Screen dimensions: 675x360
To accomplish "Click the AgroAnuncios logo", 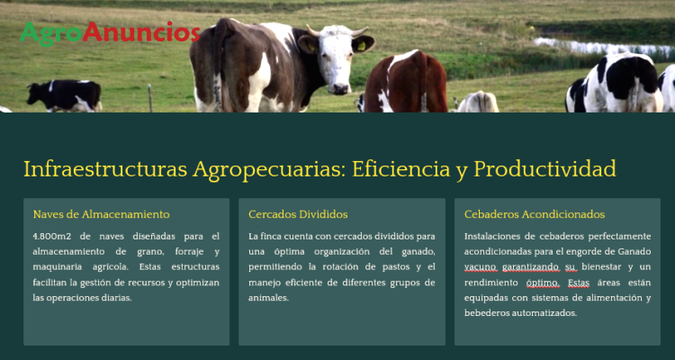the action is click(110, 32).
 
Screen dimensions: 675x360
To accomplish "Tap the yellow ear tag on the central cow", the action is click(361, 46).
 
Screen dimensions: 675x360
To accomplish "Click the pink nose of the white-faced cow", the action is click(340, 88).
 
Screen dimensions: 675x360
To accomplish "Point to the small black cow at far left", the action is click(65, 95).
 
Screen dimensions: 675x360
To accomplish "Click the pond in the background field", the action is click(603, 48).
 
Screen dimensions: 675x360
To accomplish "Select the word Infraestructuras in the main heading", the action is click(105, 169).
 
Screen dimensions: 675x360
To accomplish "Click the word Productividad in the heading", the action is click(545, 169).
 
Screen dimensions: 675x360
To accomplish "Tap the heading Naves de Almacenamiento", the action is click(101, 214).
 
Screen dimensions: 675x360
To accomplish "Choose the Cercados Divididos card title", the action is click(298, 214).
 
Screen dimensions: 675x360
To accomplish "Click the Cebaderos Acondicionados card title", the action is click(535, 214).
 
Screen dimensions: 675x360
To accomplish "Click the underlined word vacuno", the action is click(481, 267).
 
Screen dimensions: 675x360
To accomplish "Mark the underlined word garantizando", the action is click(531, 267).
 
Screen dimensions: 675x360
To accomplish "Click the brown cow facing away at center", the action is click(406, 82).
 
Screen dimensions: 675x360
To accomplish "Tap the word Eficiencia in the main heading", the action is click(400, 169).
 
